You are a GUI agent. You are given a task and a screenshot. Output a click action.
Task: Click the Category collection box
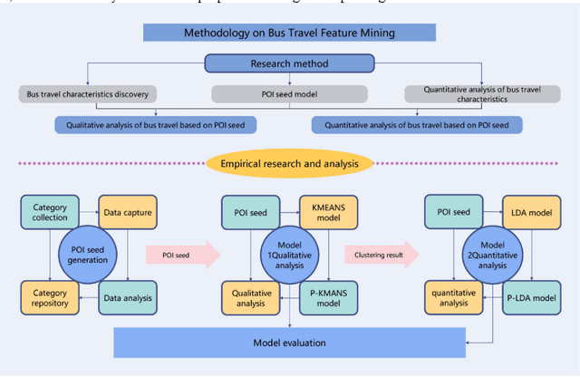click(44, 213)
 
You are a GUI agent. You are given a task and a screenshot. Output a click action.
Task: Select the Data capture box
click(126, 213)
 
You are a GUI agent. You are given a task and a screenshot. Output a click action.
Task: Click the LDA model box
click(530, 213)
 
